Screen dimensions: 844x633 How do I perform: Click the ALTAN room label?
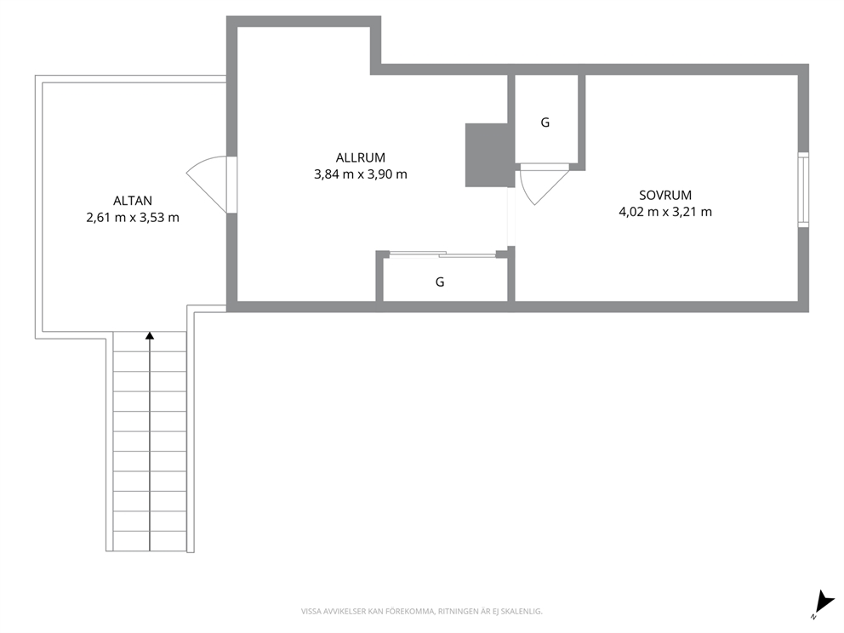coord(133,201)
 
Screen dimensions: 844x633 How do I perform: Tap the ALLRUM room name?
coord(361,157)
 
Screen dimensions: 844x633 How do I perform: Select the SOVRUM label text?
coord(665,196)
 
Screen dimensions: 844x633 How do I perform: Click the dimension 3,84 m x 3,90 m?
coord(361,174)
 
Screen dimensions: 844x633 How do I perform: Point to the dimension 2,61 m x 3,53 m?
coord(133,218)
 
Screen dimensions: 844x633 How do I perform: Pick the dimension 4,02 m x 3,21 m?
coord(665,212)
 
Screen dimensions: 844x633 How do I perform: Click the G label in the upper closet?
coord(545,123)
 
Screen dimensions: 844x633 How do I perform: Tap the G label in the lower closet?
coord(440,282)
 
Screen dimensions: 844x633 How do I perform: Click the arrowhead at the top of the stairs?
coord(150,335)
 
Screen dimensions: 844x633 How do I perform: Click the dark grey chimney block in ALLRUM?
coord(488,155)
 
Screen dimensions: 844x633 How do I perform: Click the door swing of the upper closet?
coord(543,185)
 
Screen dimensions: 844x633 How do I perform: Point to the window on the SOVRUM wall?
coord(803,190)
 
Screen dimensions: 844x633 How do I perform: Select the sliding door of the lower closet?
coord(442,254)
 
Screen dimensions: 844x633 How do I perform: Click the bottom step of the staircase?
coord(151,541)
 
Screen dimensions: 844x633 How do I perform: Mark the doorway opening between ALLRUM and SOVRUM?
coord(511,216)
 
